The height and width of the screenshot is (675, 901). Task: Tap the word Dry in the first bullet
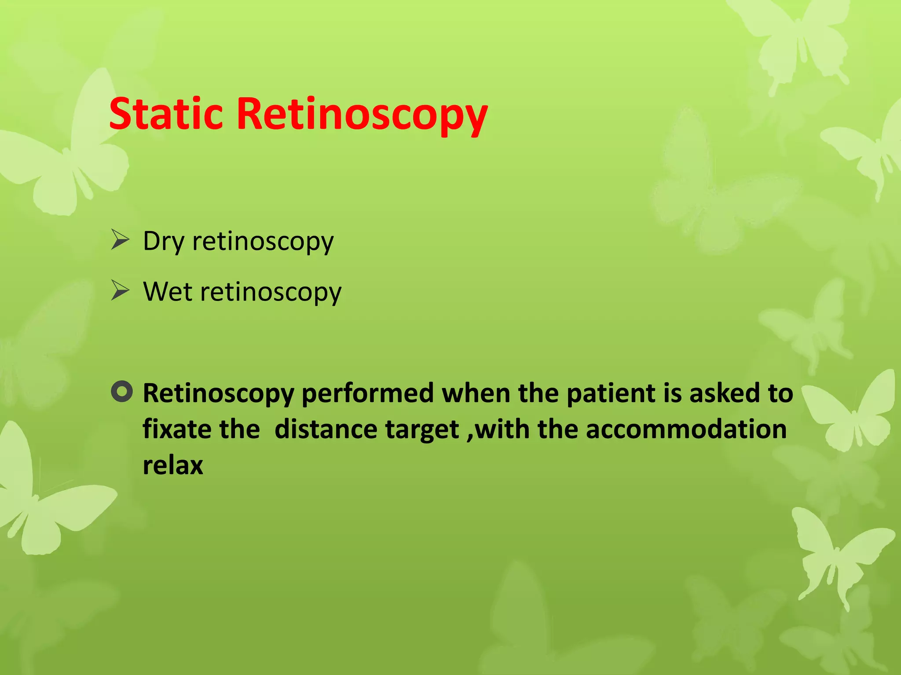tap(163, 242)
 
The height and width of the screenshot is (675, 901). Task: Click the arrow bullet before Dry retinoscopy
tap(120, 240)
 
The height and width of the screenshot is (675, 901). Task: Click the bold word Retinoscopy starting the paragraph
tap(218, 394)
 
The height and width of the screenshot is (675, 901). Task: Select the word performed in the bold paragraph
tap(368, 394)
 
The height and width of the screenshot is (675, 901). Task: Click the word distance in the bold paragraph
tap(326, 429)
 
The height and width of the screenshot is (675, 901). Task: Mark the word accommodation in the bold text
tap(686, 429)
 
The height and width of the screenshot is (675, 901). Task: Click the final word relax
tap(173, 465)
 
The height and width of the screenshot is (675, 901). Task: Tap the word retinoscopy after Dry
tap(263, 242)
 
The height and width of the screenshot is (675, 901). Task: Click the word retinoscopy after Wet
tap(271, 292)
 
